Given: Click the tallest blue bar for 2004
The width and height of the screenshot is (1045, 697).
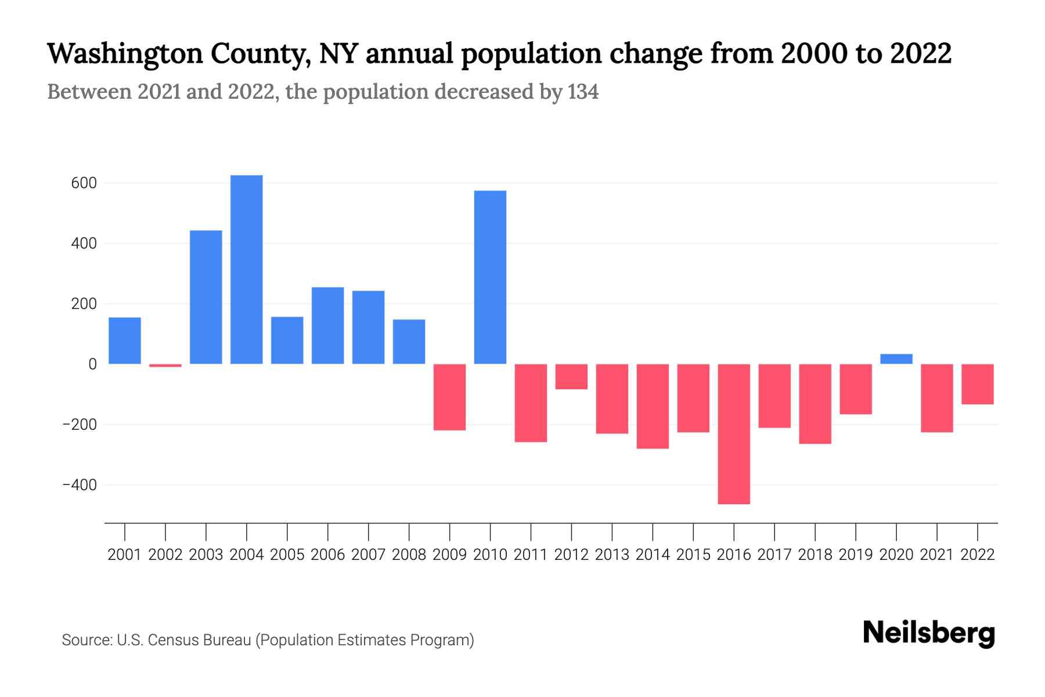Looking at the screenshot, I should coord(246,270).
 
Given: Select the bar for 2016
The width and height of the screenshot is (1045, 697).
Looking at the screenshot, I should coord(734,434).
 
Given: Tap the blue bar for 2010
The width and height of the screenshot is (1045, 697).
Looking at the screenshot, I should coord(490,277).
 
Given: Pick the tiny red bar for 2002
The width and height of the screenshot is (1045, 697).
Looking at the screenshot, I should coord(165,365).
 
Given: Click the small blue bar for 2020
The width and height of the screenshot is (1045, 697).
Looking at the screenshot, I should coord(896,359).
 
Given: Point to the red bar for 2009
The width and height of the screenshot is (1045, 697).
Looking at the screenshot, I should coord(449,397).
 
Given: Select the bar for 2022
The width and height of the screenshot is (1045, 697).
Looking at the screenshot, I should coord(978,384).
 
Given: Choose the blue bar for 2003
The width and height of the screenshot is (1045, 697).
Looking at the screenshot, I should coord(206,297).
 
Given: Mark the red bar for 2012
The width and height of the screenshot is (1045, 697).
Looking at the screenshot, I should coord(571,376).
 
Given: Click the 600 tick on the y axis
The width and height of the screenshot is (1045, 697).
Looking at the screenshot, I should coord(84,184).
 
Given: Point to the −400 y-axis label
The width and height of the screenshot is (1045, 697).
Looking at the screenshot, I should coord(80,485).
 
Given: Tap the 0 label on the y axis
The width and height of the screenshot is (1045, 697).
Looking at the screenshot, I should coord(92,364).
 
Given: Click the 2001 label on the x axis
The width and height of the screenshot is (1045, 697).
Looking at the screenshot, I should coord(124,555).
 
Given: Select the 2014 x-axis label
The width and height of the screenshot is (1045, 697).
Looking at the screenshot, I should coord(653,555).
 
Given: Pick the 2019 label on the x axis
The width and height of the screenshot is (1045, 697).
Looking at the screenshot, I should coord(856,555).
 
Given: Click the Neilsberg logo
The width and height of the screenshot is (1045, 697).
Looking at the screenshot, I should coord(929,633).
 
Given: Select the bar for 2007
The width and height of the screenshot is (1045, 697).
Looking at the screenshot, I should coord(368,328).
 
